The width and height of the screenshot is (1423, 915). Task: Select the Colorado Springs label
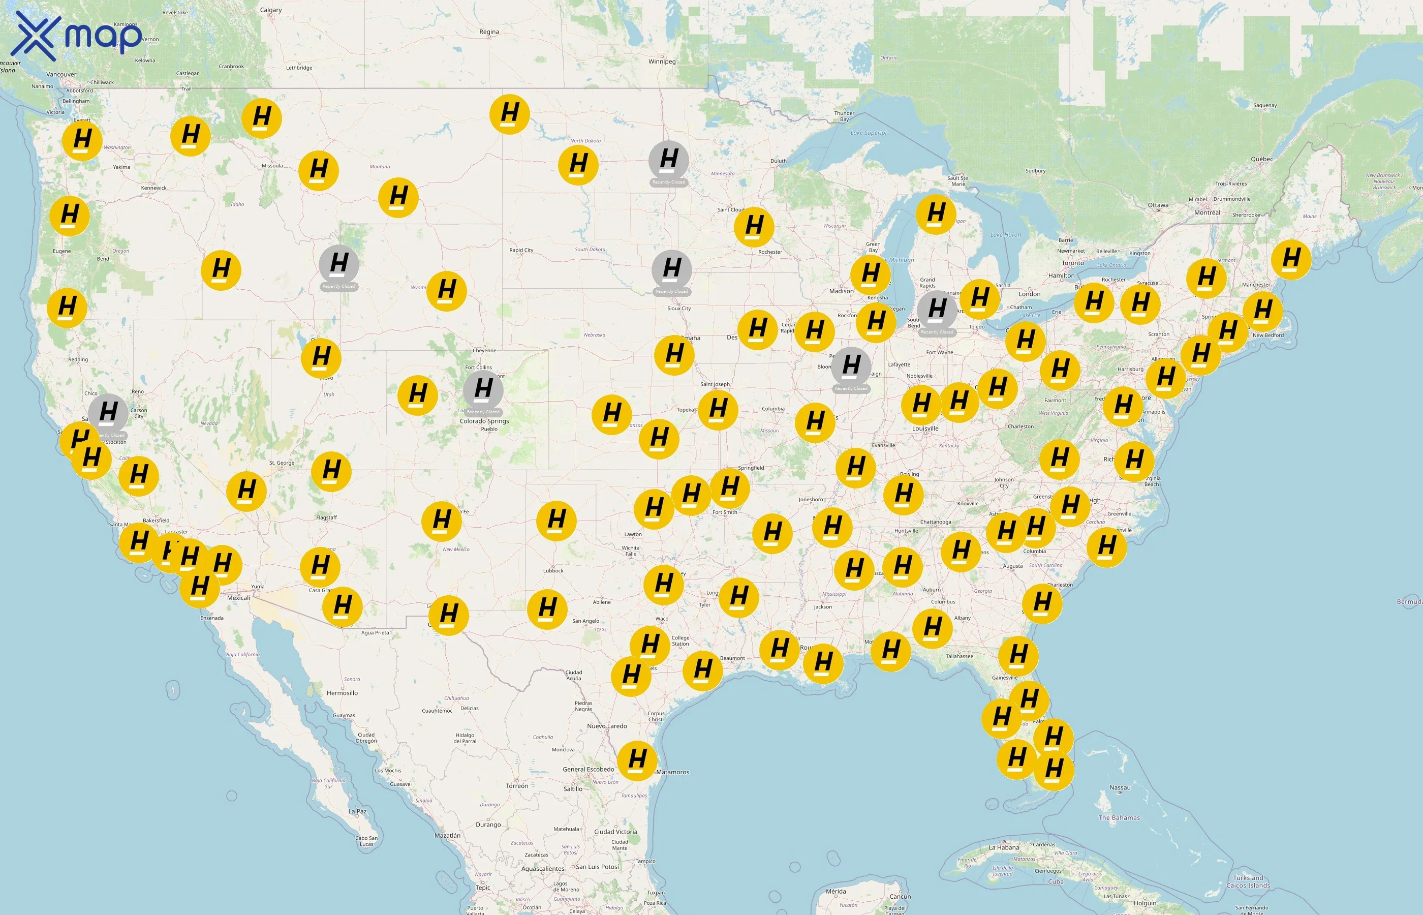(484, 421)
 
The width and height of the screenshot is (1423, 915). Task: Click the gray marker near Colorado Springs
(483, 389)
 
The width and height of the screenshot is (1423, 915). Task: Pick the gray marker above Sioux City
(672, 268)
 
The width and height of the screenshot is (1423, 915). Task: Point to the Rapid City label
(521, 250)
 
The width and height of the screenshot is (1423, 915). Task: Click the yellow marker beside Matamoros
(637, 759)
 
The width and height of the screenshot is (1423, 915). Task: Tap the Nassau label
(1120, 788)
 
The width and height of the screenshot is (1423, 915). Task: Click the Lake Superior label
(869, 133)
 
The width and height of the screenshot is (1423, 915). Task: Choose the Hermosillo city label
(342, 693)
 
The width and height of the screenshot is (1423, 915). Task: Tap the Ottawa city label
(1158, 205)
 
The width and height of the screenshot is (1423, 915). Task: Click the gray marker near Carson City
(108, 412)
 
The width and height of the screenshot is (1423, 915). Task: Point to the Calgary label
(271, 10)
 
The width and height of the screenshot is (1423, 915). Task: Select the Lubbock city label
(553, 571)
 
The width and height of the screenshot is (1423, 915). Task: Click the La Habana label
(1004, 847)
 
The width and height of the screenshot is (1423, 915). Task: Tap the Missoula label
(272, 166)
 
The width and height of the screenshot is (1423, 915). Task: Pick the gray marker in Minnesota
(669, 159)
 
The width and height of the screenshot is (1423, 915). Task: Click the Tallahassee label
(959, 657)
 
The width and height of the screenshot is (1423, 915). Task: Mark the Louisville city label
(925, 429)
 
